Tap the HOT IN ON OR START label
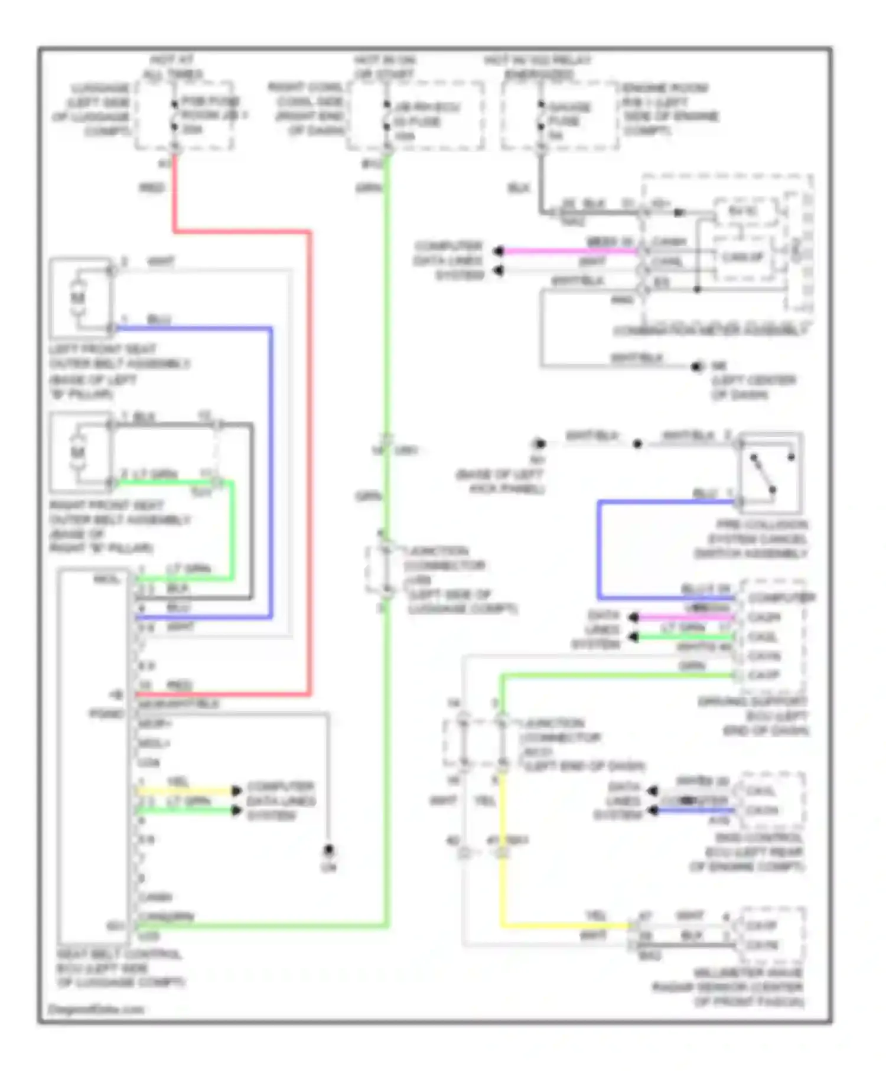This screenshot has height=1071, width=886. point(385,67)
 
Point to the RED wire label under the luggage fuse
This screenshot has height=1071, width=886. point(152,188)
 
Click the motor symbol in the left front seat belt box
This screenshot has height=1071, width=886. point(78,298)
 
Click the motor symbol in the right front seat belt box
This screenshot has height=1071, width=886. point(78,452)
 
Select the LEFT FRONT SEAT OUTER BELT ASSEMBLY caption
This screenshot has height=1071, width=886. point(118,371)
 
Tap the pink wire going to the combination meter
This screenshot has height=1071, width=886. point(567,251)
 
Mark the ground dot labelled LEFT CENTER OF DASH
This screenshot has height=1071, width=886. point(698,367)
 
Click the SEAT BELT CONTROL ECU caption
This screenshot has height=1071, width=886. point(120,968)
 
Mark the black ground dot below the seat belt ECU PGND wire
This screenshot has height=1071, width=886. point(328,850)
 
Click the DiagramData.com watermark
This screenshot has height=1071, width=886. point(96,1009)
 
